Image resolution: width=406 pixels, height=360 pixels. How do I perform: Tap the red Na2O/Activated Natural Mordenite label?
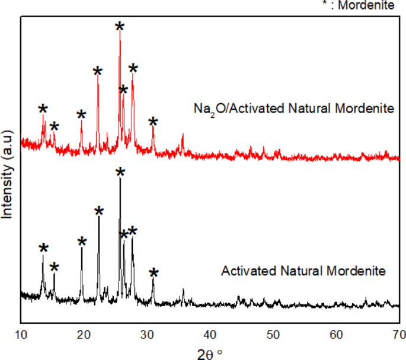click(x=293, y=109)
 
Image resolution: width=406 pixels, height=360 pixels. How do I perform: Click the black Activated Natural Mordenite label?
click(x=303, y=272)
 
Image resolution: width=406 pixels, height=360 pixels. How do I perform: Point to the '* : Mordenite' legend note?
click(x=373, y=5)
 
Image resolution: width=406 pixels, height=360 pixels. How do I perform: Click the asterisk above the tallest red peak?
click(x=120, y=27)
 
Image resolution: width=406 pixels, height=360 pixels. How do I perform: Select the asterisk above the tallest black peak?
click(x=120, y=173)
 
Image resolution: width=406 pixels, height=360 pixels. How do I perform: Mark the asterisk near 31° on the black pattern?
click(x=154, y=274)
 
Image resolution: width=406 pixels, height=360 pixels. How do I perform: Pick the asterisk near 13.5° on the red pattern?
click(x=43, y=110)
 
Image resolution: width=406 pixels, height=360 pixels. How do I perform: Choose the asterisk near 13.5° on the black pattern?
click(x=43, y=249)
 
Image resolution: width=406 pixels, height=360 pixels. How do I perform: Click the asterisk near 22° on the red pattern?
click(x=98, y=72)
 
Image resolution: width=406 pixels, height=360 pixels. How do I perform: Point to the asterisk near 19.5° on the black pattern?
click(x=82, y=242)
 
